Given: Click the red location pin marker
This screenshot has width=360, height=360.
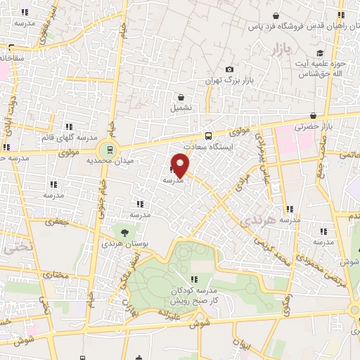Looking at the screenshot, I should [x=180, y=166].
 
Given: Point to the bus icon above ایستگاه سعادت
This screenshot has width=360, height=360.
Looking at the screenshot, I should [x=207, y=136].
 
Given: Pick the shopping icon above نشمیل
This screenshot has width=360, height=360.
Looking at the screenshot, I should [x=181, y=97].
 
